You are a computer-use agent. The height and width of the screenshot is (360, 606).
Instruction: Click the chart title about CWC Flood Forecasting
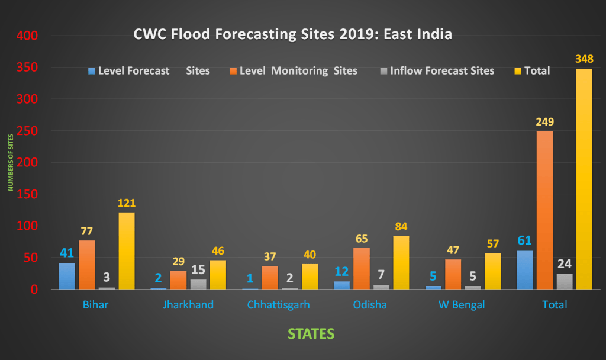click(x=293, y=35)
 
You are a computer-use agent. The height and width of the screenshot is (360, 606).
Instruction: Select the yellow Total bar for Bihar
click(x=127, y=251)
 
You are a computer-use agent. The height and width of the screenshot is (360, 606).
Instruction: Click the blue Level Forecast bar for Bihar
click(x=67, y=276)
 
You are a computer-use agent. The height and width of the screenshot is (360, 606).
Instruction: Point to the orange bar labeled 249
click(x=544, y=210)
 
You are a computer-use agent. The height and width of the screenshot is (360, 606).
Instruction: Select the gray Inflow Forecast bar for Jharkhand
click(x=198, y=284)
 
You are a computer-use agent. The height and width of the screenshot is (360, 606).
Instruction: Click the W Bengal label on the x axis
click(x=462, y=305)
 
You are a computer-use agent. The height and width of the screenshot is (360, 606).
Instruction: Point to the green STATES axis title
click(x=311, y=334)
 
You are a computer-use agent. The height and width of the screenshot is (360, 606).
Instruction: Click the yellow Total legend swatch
click(x=517, y=71)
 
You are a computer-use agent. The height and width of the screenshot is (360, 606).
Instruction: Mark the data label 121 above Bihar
click(x=127, y=203)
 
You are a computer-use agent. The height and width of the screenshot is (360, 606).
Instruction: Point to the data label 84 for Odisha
click(x=401, y=227)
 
